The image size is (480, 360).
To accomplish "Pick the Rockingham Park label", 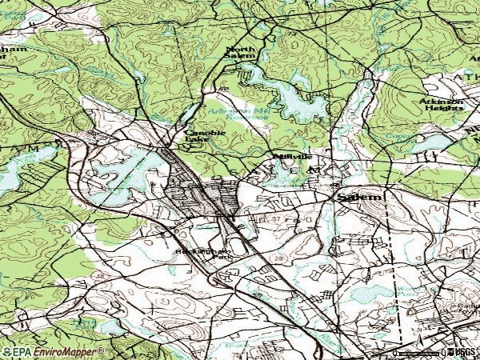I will pyautogui.click(x=194, y=255).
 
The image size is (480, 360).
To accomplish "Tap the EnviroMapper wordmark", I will pyautogui.click(x=68, y=351).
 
